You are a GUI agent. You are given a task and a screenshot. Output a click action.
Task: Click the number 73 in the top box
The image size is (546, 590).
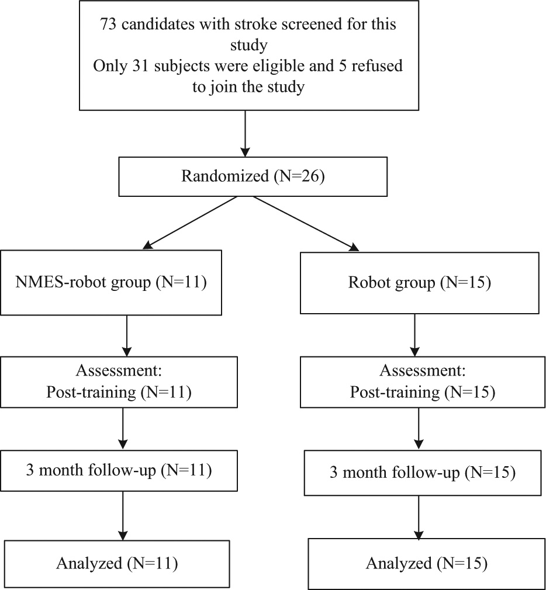pyautogui.click(x=109, y=25)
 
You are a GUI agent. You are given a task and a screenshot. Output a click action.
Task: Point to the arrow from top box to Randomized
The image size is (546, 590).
pyautogui.click(x=245, y=134)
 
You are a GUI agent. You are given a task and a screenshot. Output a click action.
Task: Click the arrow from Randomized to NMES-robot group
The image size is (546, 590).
pyautogui.click(x=190, y=223)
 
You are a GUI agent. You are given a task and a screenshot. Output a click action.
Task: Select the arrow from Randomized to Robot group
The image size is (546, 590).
pyautogui.click(x=306, y=224)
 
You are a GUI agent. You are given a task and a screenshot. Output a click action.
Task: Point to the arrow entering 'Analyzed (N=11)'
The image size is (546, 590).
pyautogui.click(x=123, y=516)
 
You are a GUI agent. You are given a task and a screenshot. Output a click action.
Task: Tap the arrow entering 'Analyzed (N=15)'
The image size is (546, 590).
pyautogui.click(x=419, y=517)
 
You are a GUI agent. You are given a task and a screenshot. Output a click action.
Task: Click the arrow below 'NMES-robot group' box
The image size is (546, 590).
pyautogui.click(x=127, y=336)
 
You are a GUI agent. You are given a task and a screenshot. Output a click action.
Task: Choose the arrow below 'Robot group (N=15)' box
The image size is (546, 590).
pyautogui.click(x=414, y=335)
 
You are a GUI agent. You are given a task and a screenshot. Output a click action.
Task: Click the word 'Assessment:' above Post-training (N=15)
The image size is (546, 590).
pyautogui.click(x=423, y=371)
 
